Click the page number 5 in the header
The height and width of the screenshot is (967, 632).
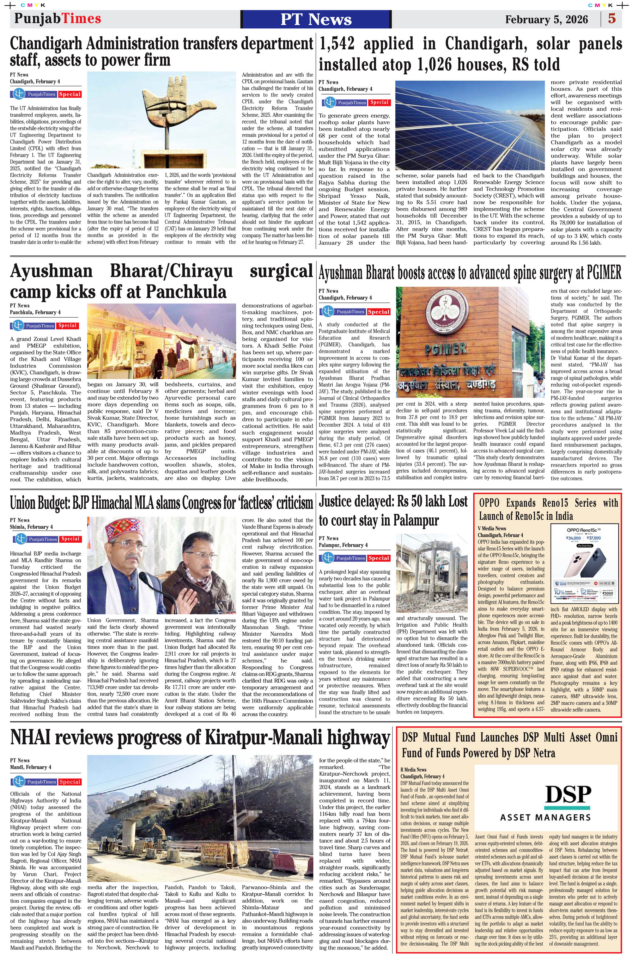pos(612,19)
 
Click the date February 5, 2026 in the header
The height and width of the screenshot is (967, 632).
pos(546,20)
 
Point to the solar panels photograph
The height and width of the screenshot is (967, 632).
pos(470,125)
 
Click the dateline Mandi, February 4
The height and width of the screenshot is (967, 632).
pos(31,767)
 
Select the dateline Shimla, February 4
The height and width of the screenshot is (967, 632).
pos(31,527)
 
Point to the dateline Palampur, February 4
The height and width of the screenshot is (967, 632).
pos(343,545)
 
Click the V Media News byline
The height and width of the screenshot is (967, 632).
pos(492,529)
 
